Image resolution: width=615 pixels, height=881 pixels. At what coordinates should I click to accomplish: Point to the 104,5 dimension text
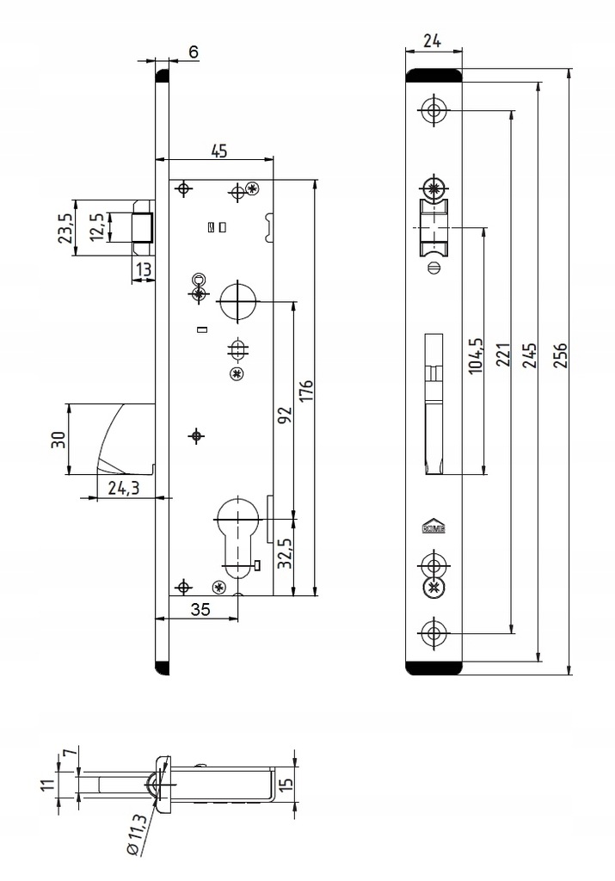point(474,354)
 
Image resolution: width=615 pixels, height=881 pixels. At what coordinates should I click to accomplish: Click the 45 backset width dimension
point(218,151)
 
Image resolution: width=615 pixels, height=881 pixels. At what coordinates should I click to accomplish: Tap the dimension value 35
point(200,609)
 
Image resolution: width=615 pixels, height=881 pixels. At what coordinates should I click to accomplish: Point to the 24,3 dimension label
point(124,489)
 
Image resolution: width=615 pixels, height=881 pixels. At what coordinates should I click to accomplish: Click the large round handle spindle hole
point(238,302)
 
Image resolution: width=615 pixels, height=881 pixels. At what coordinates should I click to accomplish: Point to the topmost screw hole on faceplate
point(434,109)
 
